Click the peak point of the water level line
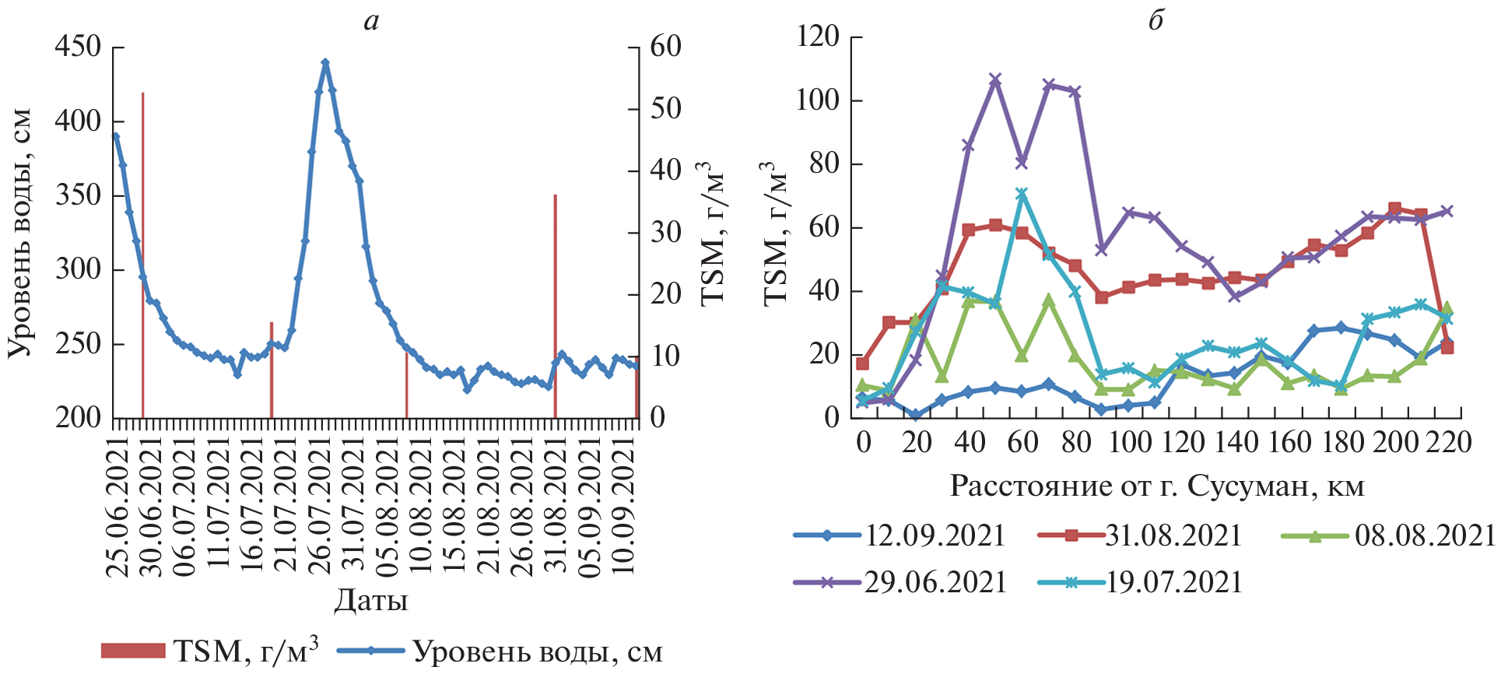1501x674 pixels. (x=325, y=62)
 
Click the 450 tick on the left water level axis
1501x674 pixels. (x=78, y=47)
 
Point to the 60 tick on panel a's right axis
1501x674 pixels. (x=665, y=47)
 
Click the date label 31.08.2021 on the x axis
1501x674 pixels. (x=555, y=506)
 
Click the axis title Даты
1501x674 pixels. (x=370, y=601)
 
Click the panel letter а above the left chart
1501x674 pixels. (x=371, y=21)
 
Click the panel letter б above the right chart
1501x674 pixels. (x=1156, y=21)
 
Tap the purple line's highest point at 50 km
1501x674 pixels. (x=994, y=80)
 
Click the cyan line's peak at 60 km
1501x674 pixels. (x=1022, y=194)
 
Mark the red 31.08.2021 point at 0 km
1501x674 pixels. (x=862, y=363)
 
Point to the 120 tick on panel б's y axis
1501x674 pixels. (x=818, y=37)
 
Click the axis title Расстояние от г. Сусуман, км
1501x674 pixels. (x=1157, y=486)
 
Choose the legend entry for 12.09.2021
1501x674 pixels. (x=900, y=535)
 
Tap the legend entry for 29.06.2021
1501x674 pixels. (x=900, y=582)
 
